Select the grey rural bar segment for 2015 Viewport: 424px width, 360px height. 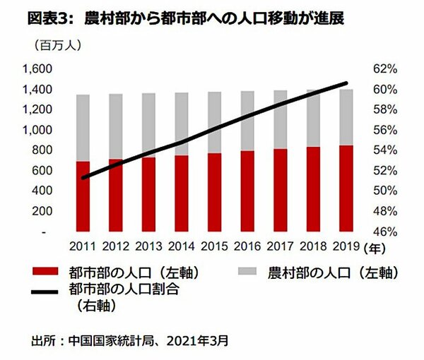tap(214, 122)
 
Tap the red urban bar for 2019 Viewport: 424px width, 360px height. tap(346, 188)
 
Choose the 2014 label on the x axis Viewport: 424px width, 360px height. tap(182, 248)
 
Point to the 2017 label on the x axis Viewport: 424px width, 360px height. tap(280, 248)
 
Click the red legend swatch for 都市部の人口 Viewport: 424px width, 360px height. tap(45, 272)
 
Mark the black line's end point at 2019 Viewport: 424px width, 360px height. tap(346, 83)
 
